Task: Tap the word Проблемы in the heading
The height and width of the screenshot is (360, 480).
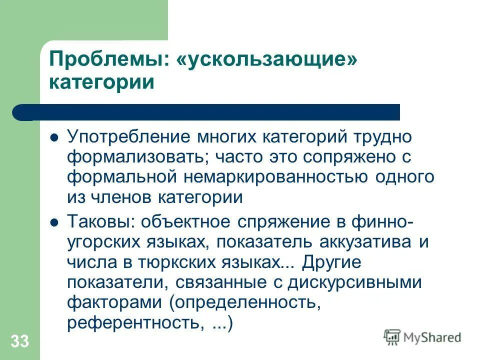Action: coord(107,59)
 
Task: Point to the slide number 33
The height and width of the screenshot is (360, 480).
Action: coord(19,342)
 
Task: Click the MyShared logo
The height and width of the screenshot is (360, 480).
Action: coord(422,337)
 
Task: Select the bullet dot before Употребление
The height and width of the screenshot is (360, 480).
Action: coord(55,136)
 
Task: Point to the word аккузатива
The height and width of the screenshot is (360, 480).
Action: coord(364,242)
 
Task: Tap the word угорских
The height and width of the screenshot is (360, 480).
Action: coord(103,242)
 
